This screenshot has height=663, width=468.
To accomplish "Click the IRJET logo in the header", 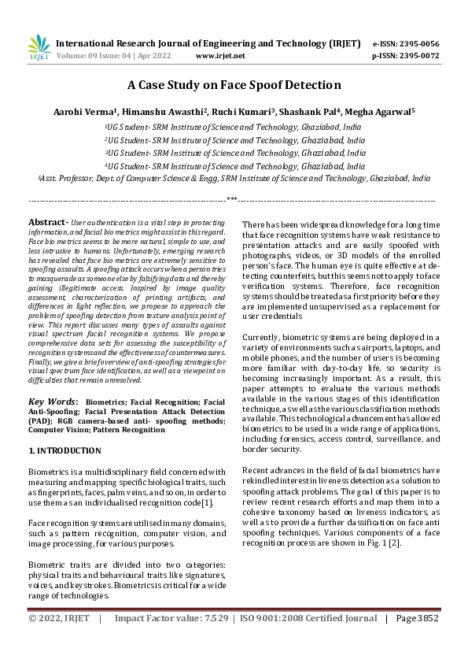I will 39,47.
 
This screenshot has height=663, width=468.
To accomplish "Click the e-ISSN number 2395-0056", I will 417,43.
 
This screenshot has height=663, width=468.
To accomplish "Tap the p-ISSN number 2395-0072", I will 417,56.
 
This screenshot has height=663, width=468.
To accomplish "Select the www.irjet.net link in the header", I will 219,56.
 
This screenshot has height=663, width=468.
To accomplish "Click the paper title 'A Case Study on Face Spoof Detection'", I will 234,85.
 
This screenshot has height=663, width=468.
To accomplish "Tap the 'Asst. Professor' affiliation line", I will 234,179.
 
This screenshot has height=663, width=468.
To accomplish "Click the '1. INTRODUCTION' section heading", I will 64,450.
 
